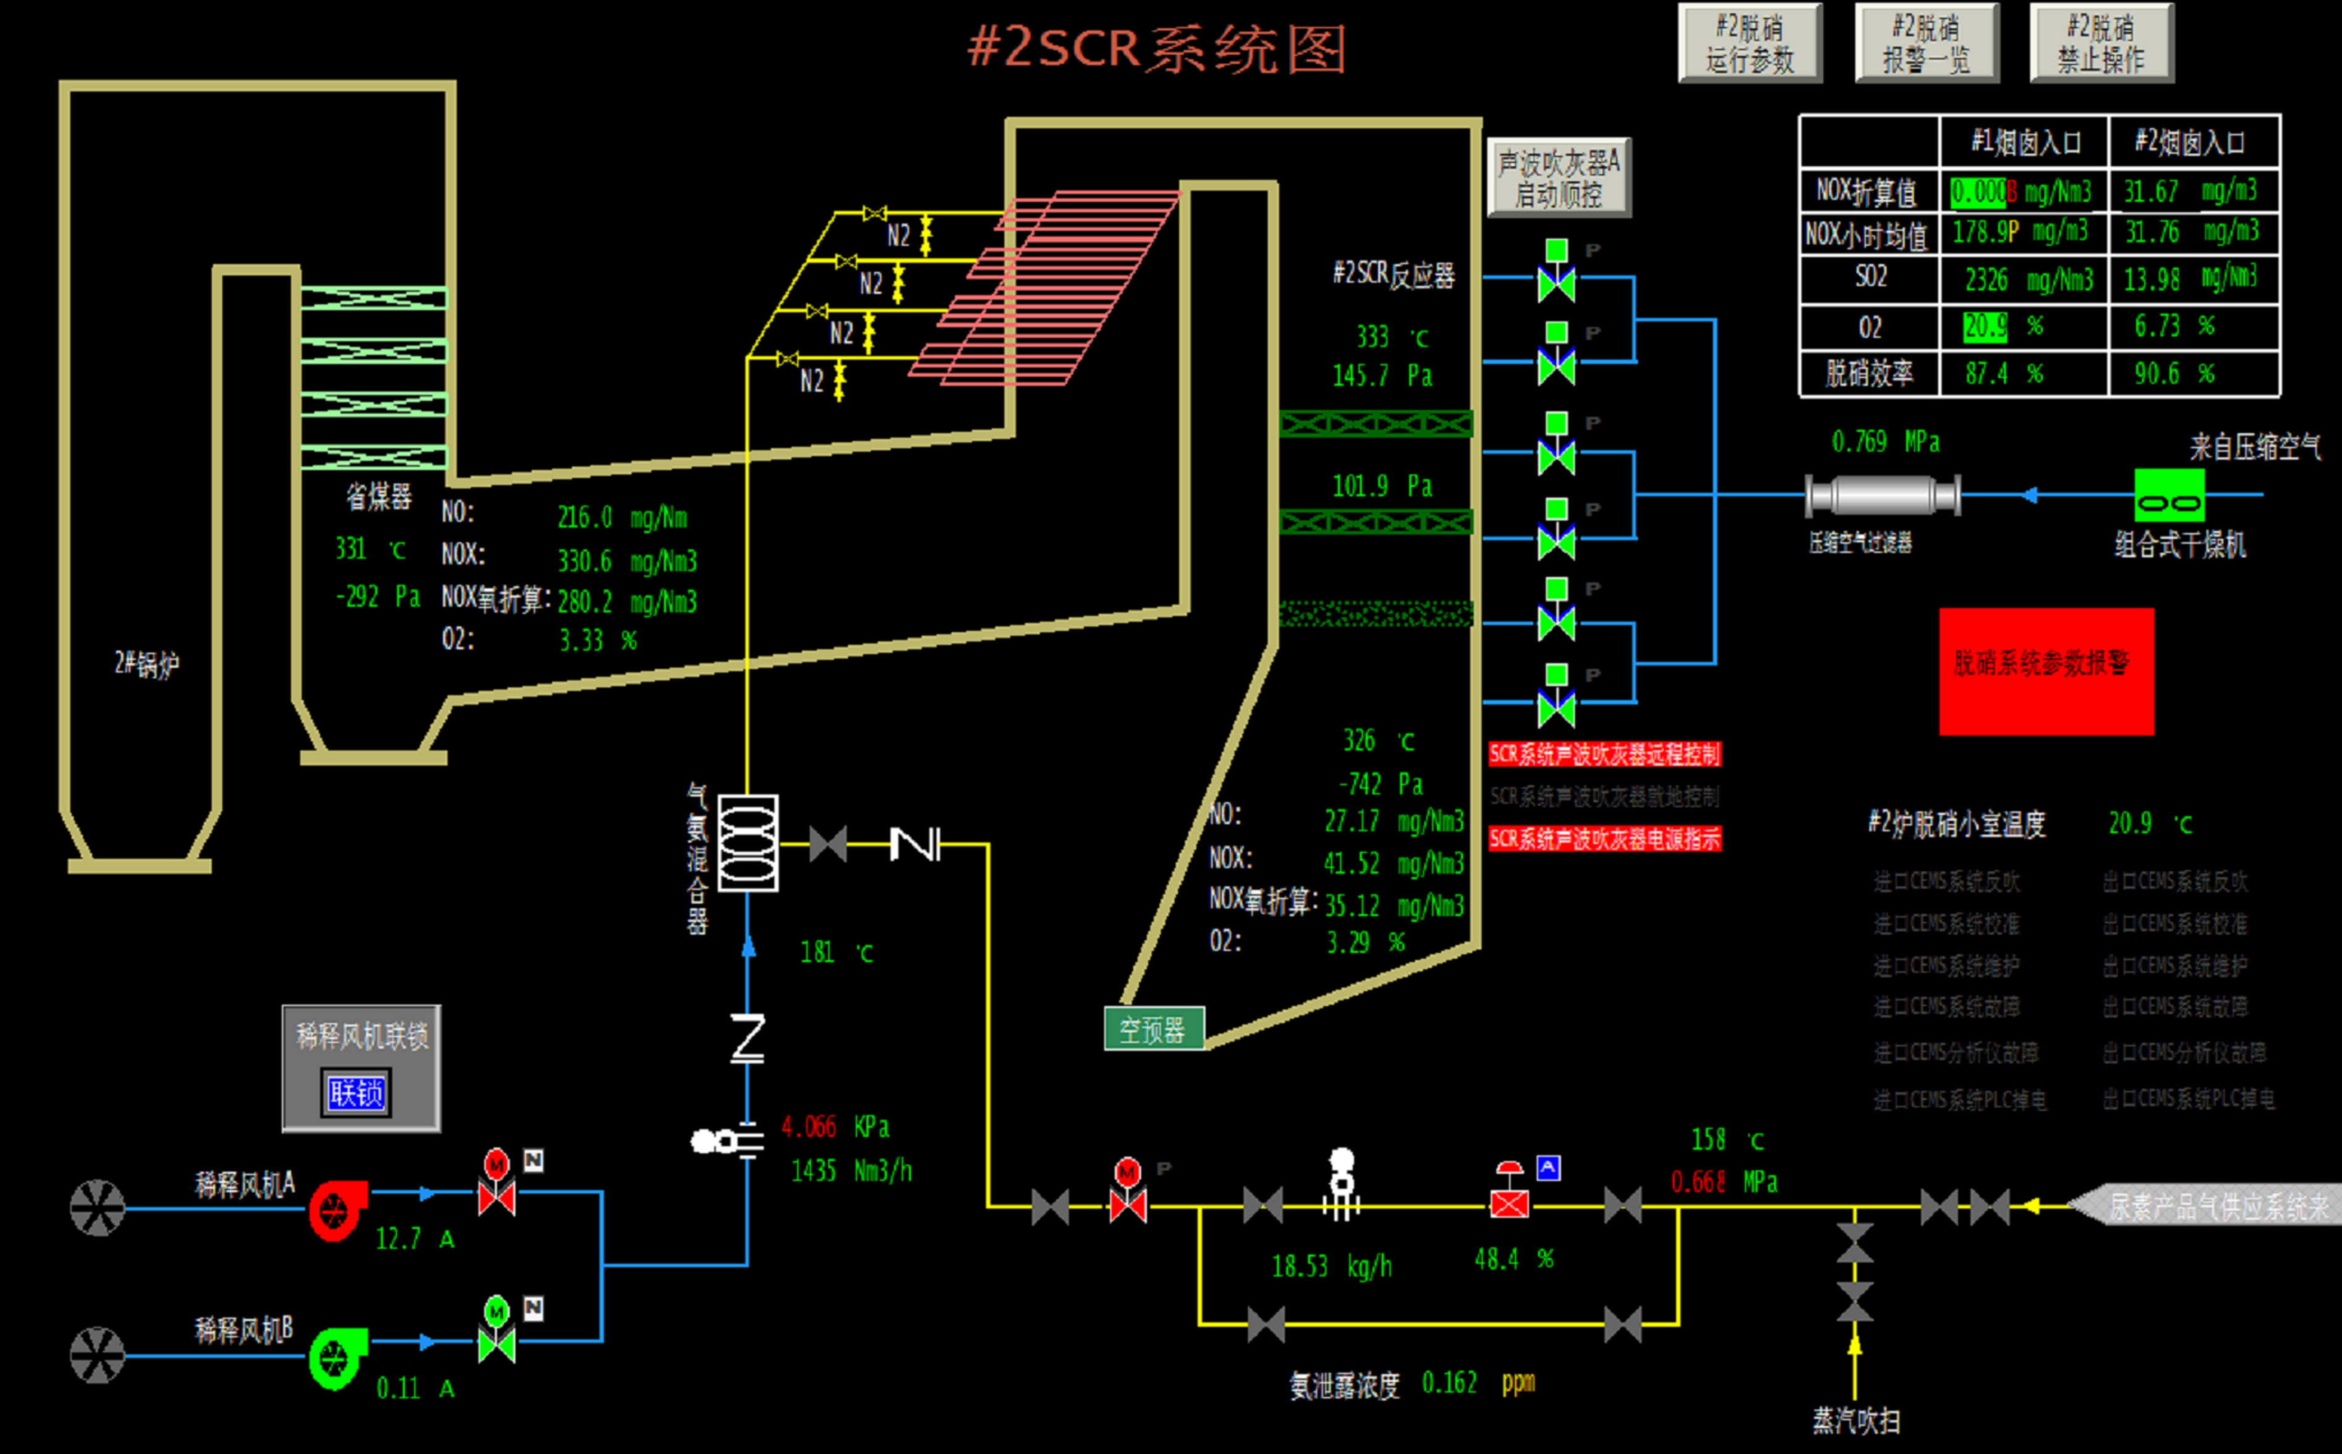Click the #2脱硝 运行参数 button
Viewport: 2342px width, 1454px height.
[x=1750, y=43]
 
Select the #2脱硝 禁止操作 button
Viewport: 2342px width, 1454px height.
[x=2101, y=43]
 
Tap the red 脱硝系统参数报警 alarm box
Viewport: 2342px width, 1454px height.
[x=2046, y=671]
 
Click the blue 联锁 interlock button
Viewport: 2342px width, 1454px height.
[x=356, y=1094]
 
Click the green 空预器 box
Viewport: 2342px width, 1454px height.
[x=1153, y=1030]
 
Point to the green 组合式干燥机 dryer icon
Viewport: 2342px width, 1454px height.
[x=2169, y=496]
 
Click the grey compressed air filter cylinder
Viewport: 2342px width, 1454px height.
[x=1881, y=496]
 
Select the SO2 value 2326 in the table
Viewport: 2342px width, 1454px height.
[x=1986, y=280]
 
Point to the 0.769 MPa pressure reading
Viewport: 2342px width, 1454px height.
[x=1884, y=443]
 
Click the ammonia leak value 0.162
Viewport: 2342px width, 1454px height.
[x=1449, y=1383]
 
